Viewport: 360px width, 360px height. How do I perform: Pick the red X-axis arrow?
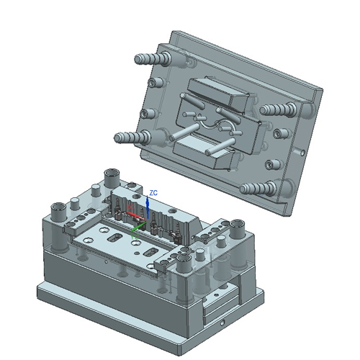coord(135,212)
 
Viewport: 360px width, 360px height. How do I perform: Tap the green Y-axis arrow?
coord(138,228)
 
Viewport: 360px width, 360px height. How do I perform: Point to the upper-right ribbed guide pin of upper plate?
coord(277,109)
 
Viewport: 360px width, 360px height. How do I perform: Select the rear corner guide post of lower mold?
coord(112,176)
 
